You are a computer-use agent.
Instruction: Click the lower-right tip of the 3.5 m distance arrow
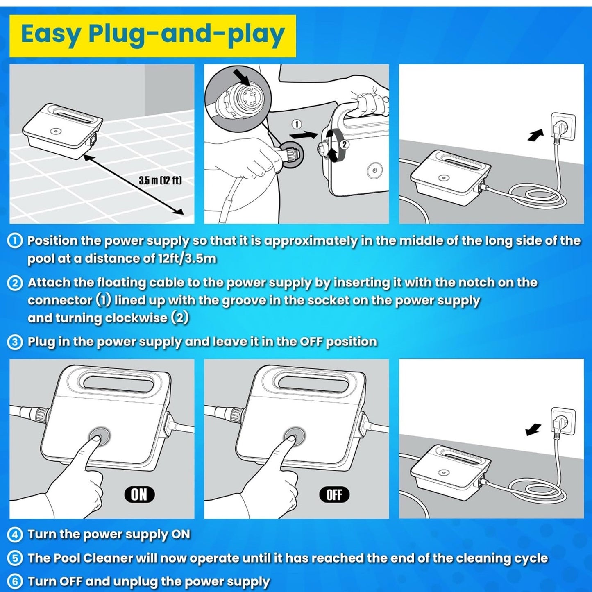pyautogui.click(x=184, y=214)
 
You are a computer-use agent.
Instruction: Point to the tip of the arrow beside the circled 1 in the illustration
pyautogui.click(x=318, y=134)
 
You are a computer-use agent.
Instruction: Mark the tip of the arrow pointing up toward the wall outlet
pyautogui.click(x=543, y=129)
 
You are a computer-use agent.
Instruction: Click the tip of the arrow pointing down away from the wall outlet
pyautogui.click(x=526, y=435)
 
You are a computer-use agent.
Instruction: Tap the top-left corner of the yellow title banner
pyautogui.click(x=9, y=15)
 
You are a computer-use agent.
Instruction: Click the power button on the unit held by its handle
pyautogui.click(x=374, y=170)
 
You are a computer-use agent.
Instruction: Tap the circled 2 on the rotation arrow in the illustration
pyautogui.click(x=345, y=144)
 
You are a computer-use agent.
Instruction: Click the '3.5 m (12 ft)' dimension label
pyautogui.click(x=160, y=180)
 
